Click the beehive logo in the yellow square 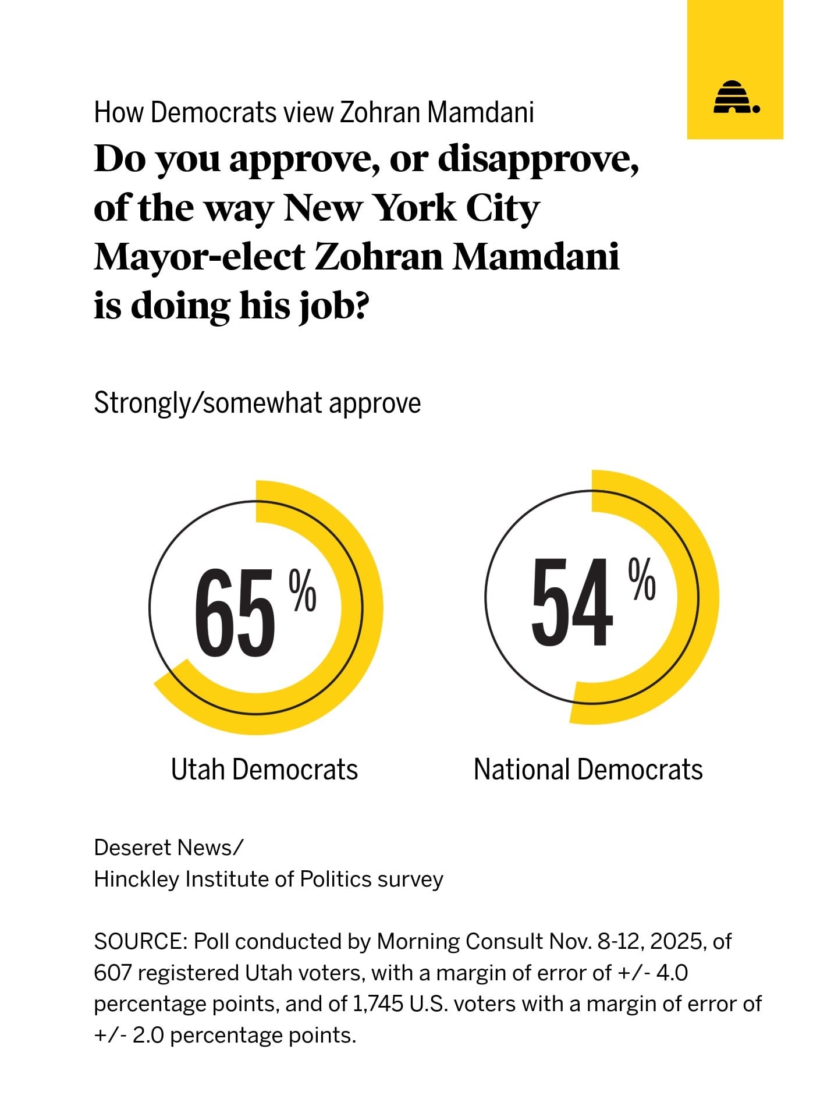click(736, 97)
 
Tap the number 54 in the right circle click(571, 602)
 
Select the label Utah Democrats click(264, 770)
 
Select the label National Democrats click(588, 770)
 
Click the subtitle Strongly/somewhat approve click(257, 403)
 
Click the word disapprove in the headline click(538, 159)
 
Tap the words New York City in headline click(411, 208)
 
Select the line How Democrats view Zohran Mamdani click(314, 112)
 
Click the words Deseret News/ click(169, 848)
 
